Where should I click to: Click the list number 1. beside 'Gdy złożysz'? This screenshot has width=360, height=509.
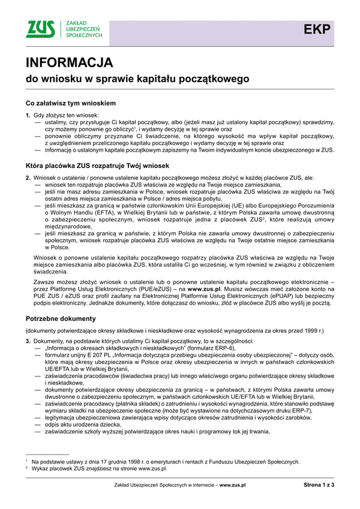[x=28, y=115]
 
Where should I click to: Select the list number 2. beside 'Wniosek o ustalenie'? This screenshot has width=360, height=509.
[x=28, y=177]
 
